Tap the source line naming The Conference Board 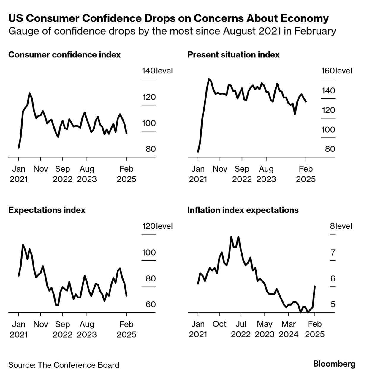tap(64, 365)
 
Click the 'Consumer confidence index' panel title tap(64, 55)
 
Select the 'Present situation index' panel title tap(233, 55)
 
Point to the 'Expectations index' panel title tap(47, 210)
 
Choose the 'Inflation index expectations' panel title tap(243, 210)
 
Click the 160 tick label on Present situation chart tap(328, 71)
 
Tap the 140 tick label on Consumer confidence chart tap(148, 71)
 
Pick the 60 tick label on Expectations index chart tap(151, 304)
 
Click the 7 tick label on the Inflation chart tap(333, 253)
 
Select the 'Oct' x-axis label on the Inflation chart tap(219, 324)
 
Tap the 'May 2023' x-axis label tap(265, 329)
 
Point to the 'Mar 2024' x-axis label tap(288, 329)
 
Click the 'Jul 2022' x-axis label tap(241, 329)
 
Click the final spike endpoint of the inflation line tap(315, 286)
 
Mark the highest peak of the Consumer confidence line tap(29, 93)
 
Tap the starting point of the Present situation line tap(198, 152)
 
